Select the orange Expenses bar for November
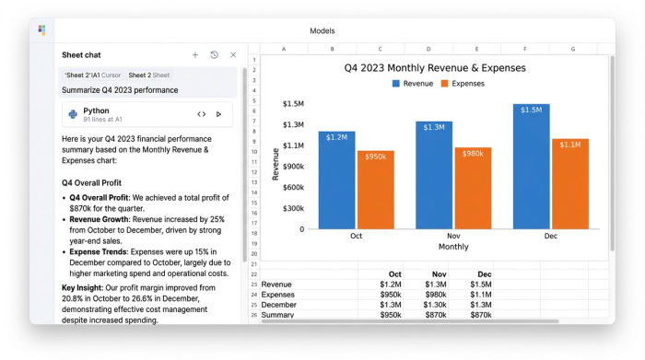pyautogui.click(x=473, y=188)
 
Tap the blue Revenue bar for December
pyautogui.click(x=531, y=166)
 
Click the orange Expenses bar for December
pyautogui.click(x=569, y=183)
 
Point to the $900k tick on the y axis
pyautogui.click(x=292, y=167)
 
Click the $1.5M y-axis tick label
pyautogui.click(x=294, y=104)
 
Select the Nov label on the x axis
pyautogui.click(x=452, y=237)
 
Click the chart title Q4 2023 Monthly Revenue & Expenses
pyautogui.click(x=435, y=67)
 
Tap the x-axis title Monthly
pyautogui.click(x=452, y=247)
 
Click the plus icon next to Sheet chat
pyautogui.click(x=195, y=55)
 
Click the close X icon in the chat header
pyautogui.click(x=233, y=55)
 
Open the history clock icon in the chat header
pyautogui.click(x=214, y=55)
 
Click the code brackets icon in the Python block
pyautogui.click(x=201, y=114)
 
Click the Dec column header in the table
pyautogui.click(x=485, y=274)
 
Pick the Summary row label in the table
pyautogui.click(x=277, y=315)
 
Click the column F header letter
pyautogui.click(x=525, y=49)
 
